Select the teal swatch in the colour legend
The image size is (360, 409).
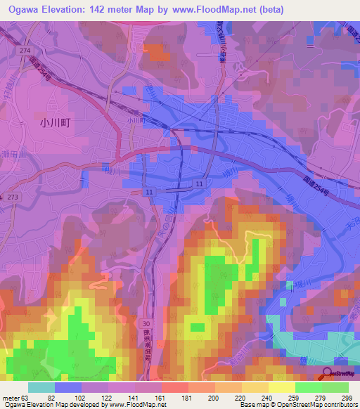point(41,387)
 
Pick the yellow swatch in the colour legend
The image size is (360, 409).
point(281,387)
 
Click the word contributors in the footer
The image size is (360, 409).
point(341,405)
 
